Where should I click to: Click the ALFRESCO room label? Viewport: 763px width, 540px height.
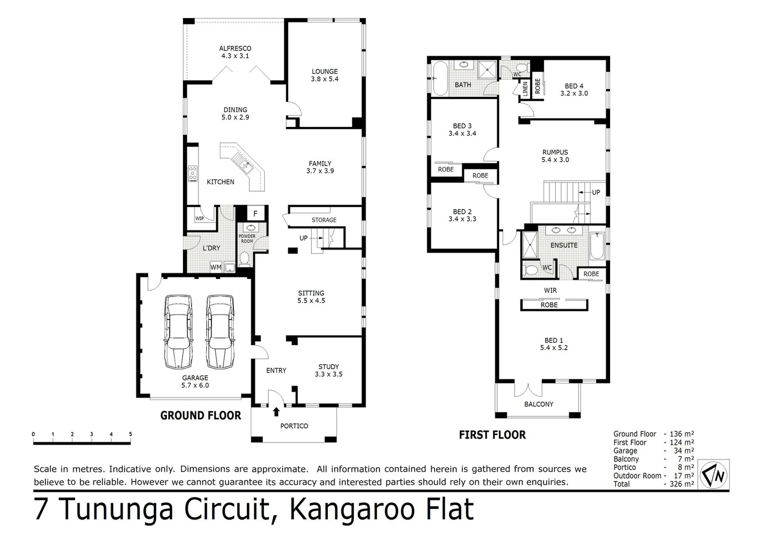tap(235, 52)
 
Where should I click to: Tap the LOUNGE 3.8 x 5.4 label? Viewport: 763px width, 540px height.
tap(325, 75)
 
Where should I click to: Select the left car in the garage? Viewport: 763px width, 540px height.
tap(178, 331)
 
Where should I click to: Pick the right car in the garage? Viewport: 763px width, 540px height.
tap(220, 331)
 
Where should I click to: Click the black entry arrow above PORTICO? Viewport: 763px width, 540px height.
tap(276, 411)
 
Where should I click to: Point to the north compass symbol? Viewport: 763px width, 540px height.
tap(714, 474)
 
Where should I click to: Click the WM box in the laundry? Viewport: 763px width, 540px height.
tap(216, 267)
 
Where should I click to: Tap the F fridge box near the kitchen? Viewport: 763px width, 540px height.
tap(255, 213)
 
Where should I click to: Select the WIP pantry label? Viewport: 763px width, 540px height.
tap(199, 218)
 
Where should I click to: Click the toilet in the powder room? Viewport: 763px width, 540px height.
tap(244, 258)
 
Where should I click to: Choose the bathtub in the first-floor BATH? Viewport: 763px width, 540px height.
tap(441, 78)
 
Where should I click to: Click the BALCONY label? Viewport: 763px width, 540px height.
tap(539, 404)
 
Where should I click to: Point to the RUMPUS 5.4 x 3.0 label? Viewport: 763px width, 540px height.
tap(555, 156)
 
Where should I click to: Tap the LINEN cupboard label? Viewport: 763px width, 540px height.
tap(525, 89)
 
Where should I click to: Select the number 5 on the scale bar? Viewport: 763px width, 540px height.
tap(130, 434)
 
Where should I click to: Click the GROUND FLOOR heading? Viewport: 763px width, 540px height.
tap(200, 415)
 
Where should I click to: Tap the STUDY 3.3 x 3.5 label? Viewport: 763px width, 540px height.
tap(328, 370)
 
